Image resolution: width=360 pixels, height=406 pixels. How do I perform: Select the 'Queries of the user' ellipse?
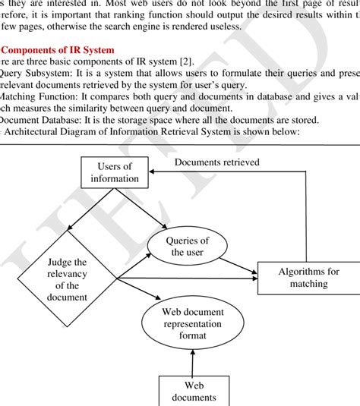(x=187, y=246)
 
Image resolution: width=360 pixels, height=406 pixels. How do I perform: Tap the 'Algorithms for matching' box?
(x=308, y=278)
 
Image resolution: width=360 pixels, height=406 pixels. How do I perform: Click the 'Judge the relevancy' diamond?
(x=67, y=280)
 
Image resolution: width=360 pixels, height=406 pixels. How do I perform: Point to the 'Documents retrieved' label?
(x=216, y=162)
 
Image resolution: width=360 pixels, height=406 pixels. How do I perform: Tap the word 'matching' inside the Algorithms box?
(x=308, y=285)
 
